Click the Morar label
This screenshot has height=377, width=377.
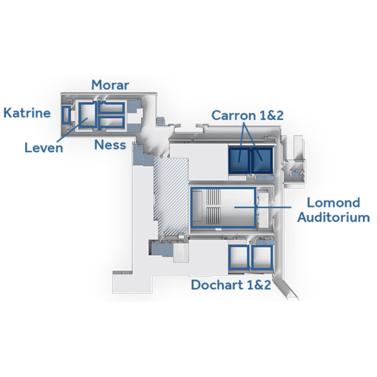pos(110,85)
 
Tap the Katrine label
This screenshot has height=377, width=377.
pos(27,113)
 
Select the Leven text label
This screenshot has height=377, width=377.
pos(44,148)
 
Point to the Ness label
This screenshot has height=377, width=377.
pos(110,145)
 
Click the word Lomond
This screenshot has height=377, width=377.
pos(334,203)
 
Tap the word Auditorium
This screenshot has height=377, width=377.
pos(334,217)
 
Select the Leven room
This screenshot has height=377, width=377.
pos(80,115)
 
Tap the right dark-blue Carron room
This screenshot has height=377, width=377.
pos(262,161)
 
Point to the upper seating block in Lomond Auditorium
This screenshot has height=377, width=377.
pos(213,197)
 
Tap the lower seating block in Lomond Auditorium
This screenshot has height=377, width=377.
pos(213,215)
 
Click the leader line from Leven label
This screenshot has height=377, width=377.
pos(72,130)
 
